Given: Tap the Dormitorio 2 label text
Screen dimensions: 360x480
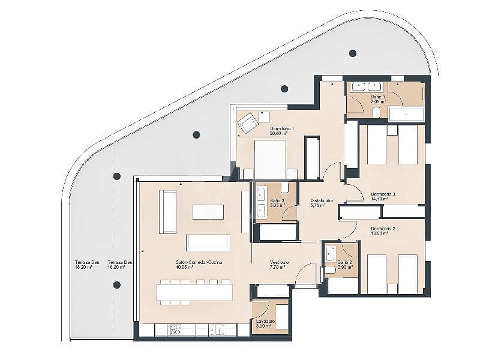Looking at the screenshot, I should click(x=383, y=229).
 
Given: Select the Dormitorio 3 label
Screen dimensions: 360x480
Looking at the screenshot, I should click(x=383, y=194).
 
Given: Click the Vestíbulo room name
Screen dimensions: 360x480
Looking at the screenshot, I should click(x=279, y=262).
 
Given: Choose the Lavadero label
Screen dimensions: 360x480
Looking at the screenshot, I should click(x=265, y=322).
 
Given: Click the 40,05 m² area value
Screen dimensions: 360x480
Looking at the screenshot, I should click(x=185, y=268).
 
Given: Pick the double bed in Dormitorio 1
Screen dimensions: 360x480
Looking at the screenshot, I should click(x=270, y=159).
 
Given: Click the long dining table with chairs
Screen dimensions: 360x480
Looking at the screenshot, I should click(x=194, y=292).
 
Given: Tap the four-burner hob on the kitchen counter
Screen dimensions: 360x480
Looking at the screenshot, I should click(x=175, y=329).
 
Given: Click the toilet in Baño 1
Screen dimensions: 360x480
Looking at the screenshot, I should click(x=376, y=112).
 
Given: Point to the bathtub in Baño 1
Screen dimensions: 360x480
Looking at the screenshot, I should click(x=406, y=113).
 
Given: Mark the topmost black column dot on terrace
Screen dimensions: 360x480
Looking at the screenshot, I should click(x=353, y=53).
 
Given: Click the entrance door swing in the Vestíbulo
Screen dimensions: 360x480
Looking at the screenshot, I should click(x=306, y=273).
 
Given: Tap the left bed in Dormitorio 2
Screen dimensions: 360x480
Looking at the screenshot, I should click(x=377, y=274).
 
